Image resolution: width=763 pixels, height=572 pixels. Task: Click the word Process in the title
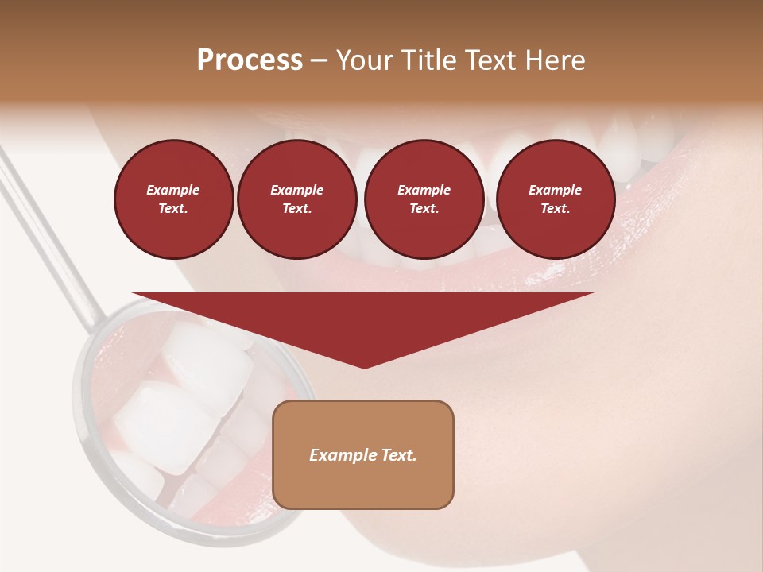[250, 60]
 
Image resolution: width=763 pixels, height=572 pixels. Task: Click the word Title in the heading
[428, 60]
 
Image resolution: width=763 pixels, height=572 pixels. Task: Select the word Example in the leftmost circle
[173, 190]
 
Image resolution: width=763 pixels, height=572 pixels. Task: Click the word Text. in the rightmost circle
[555, 209]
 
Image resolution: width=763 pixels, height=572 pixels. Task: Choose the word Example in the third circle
[424, 190]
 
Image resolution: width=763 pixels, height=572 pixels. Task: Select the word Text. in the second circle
[296, 209]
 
